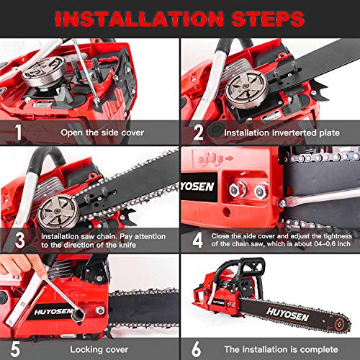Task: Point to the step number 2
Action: (x=196, y=132)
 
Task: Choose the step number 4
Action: (x=197, y=240)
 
